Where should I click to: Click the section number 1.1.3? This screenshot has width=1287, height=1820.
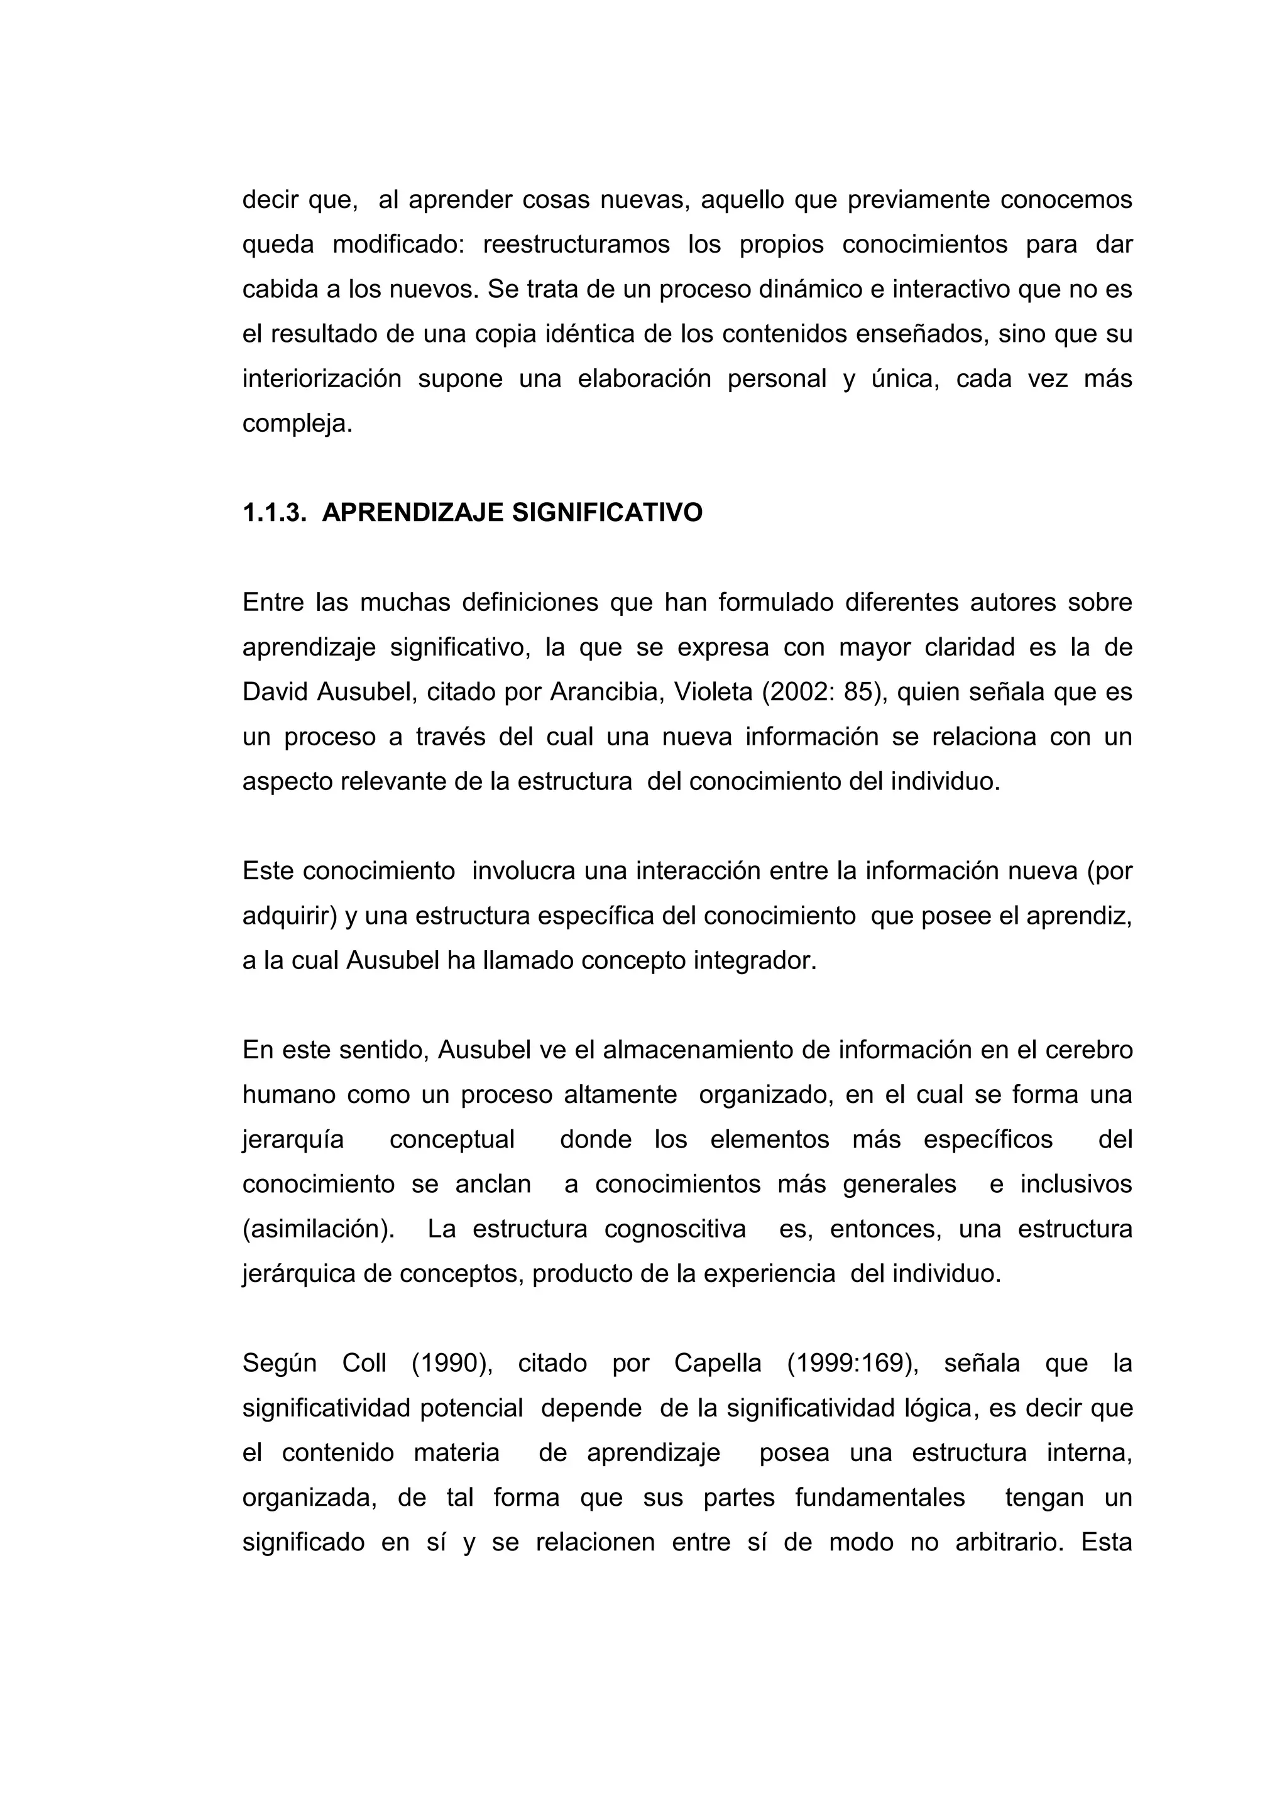point(273,513)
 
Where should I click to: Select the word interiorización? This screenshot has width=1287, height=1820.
point(322,379)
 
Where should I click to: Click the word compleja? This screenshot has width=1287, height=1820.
point(297,424)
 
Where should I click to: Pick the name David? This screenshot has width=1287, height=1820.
point(276,692)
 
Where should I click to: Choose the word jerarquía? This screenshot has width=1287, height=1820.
point(293,1140)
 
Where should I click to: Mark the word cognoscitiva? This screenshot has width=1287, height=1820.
point(675,1229)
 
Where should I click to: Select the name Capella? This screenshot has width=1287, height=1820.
point(718,1363)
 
